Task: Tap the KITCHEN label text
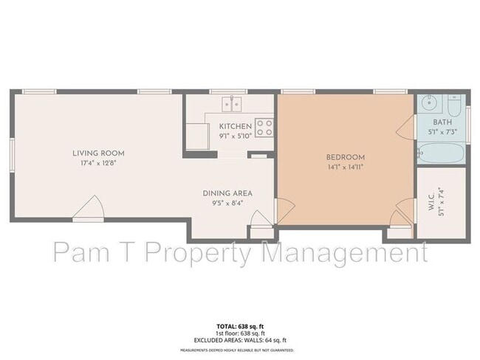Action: click(236, 127)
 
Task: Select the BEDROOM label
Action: click(346, 157)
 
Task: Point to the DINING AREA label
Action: click(223, 193)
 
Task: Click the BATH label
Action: click(442, 122)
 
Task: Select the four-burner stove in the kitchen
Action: click(264, 127)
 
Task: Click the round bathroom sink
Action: click(431, 103)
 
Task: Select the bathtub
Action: click(440, 153)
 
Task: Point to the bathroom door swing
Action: click(406, 131)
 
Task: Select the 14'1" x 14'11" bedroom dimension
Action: click(346, 166)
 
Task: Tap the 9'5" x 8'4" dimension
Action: click(223, 202)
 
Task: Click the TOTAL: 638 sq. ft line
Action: click(239, 325)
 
